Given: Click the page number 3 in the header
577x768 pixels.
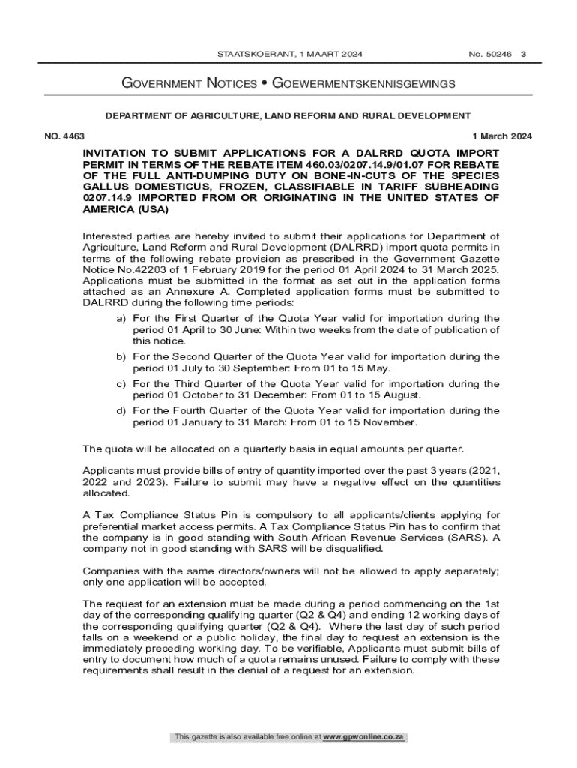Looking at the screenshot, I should tap(523, 55).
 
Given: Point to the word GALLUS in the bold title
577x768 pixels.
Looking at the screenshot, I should tap(104, 186).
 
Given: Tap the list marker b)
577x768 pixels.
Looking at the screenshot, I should tap(120, 357).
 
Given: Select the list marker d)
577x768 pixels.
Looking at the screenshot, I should tap(120, 411).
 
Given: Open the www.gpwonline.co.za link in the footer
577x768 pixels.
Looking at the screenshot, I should tap(363, 738).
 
